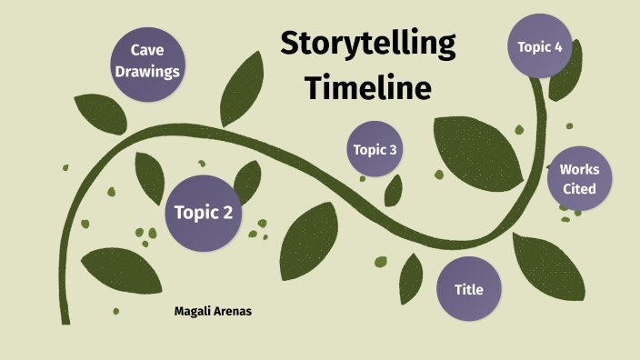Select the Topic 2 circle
point(204,213)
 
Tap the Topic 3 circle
point(375,149)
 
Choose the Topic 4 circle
point(540,46)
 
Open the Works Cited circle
point(579,179)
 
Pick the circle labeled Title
point(468,289)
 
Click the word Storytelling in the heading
point(367,44)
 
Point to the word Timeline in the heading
point(367,88)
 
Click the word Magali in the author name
point(193,312)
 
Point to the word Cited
point(579,189)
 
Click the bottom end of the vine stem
point(65,318)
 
